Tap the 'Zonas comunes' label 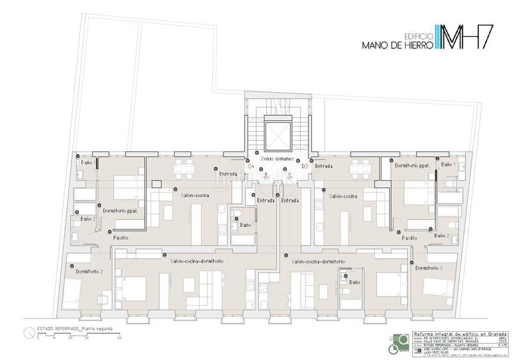pyautogui.click(x=276, y=157)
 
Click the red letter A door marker pyautogui.click(x=251, y=166)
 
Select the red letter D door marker pyautogui.click(x=305, y=166)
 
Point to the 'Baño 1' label pyautogui.click(x=448, y=164)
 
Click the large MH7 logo pyautogui.click(x=464, y=39)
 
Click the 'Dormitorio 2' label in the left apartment pyautogui.click(x=90, y=272)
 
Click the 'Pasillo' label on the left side pyautogui.click(x=121, y=237)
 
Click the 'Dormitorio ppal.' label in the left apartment pyautogui.click(x=121, y=210)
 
